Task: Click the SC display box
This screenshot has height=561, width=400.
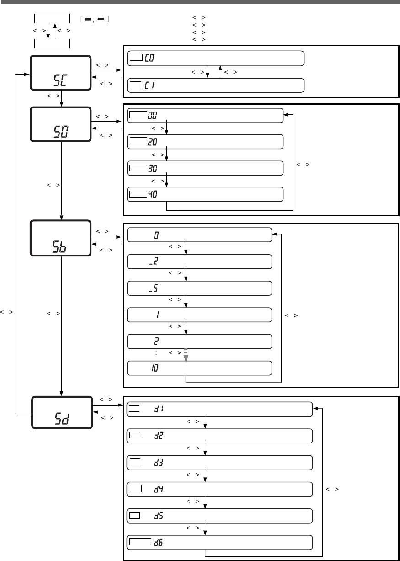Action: click(x=60, y=73)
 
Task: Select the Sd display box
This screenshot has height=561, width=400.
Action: click(x=61, y=413)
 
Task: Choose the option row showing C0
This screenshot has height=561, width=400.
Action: click(x=215, y=59)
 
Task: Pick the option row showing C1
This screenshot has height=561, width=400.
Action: click(x=215, y=85)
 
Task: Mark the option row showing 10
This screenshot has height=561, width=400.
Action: click(x=199, y=368)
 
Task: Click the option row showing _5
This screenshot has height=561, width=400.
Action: click(x=199, y=288)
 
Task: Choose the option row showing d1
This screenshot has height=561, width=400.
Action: click(x=219, y=409)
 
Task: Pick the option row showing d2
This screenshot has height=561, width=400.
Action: click(x=219, y=436)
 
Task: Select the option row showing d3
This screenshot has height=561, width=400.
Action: click(x=219, y=462)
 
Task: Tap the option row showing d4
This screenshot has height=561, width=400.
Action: click(x=219, y=489)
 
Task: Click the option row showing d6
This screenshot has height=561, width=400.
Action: click(x=219, y=542)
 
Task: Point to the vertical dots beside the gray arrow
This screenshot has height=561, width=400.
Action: click(x=156, y=354)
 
